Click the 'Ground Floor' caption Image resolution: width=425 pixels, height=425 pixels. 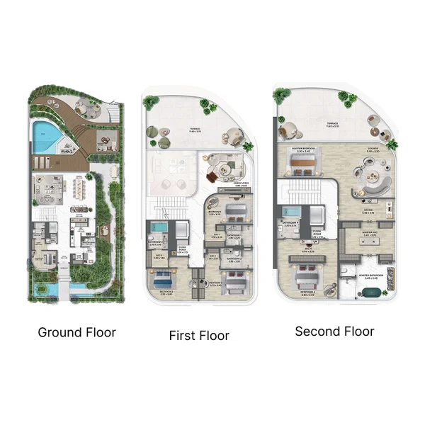76,331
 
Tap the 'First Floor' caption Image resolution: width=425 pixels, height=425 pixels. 199,335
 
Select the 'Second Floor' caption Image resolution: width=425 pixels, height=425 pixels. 334,331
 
